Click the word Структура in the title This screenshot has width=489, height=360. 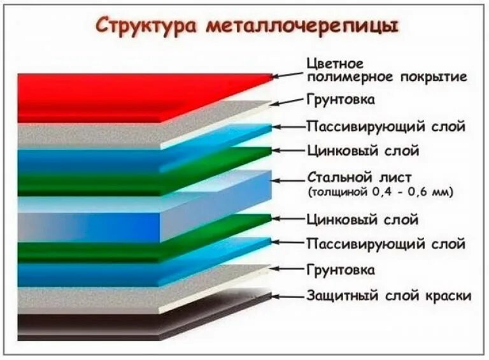click(147, 26)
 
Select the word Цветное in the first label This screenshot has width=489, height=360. click(334, 64)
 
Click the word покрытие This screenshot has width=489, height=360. click(436, 77)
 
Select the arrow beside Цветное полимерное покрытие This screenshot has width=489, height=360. click(288, 75)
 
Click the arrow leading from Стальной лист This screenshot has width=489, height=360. click(288, 182)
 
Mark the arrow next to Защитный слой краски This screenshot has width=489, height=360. click(288, 296)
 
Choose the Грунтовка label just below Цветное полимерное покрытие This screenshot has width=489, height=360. click(341, 100)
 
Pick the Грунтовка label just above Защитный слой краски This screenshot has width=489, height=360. click(341, 270)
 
